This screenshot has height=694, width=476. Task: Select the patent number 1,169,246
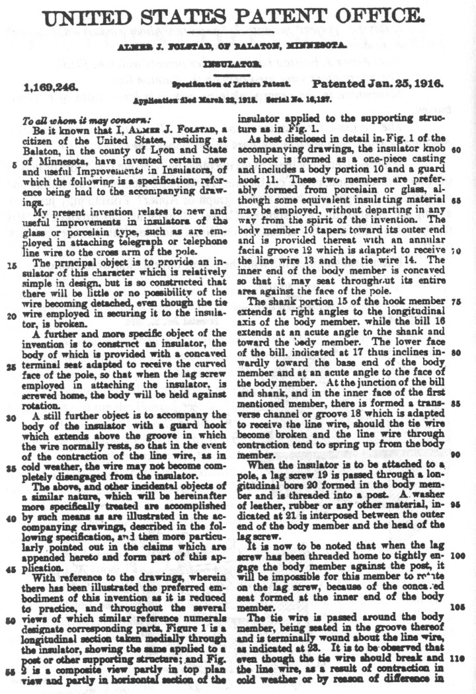tap(51, 86)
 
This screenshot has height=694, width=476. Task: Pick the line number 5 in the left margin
tap(15, 165)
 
